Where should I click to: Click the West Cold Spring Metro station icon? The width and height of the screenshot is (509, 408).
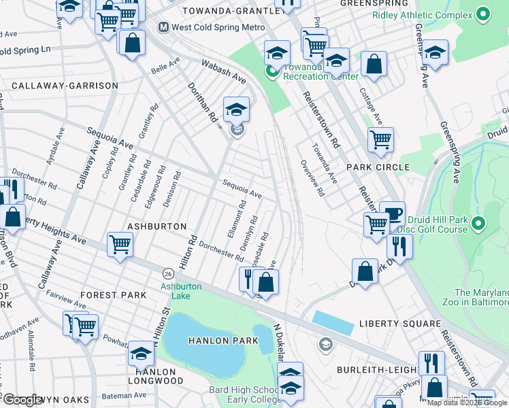pos(163,27)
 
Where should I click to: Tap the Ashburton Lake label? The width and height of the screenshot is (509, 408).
pos(181,291)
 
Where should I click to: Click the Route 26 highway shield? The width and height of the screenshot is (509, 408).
pos(167,273)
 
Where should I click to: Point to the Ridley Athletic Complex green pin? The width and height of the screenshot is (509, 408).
pos(483,13)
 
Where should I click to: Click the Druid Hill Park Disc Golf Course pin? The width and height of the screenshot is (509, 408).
pos(478,223)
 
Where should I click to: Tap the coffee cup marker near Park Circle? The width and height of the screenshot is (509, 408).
pos(392,214)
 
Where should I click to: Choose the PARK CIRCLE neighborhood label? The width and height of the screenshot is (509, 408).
pos(378,167)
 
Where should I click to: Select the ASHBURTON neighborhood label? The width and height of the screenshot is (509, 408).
pos(157,226)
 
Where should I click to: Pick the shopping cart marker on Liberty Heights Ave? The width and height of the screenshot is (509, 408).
pos(120,243)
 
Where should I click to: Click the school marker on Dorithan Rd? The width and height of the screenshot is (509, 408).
pos(236,109)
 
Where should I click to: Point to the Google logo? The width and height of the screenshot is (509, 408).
pos(24,401)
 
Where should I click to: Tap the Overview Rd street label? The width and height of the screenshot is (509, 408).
pos(312,178)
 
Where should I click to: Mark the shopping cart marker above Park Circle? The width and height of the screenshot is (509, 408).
pos(380,140)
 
